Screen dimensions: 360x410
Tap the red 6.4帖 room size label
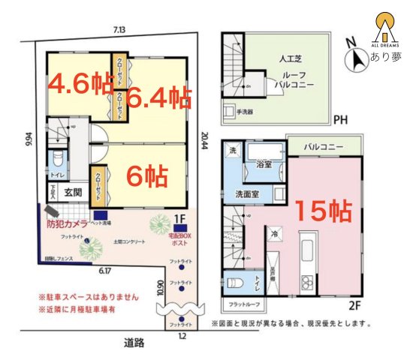tap(158, 97)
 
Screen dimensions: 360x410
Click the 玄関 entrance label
tap(72, 192)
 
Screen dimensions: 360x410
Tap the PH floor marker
tap(340, 118)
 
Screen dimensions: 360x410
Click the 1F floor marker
tap(179, 218)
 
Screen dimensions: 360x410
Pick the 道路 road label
tap(136, 343)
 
